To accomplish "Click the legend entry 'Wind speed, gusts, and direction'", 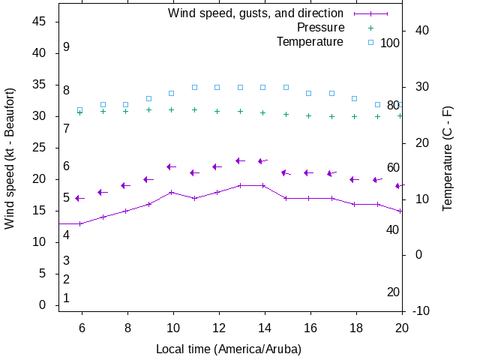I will click(255, 13).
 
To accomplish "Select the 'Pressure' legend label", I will click(320, 28).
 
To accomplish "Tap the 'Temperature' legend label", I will click(310, 42).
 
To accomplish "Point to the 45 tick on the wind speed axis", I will click(40, 22).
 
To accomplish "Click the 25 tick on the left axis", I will click(40, 148).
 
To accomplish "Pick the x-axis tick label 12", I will click(217, 327).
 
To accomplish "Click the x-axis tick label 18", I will click(355, 327).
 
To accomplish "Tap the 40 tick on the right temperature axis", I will click(421, 31).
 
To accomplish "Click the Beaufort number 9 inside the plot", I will click(67, 47).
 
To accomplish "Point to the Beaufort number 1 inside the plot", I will click(67, 298).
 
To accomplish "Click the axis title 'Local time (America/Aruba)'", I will click(228, 349).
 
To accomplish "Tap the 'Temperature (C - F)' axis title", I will click(448, 157).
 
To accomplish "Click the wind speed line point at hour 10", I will click(172, 192).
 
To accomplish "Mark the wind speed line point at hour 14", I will click(263, 185).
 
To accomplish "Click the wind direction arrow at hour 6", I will click(79, 198).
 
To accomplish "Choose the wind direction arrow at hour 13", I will click(240, 160).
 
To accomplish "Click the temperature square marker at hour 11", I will click(194, 87).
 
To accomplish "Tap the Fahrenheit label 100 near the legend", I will click(390, 43).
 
